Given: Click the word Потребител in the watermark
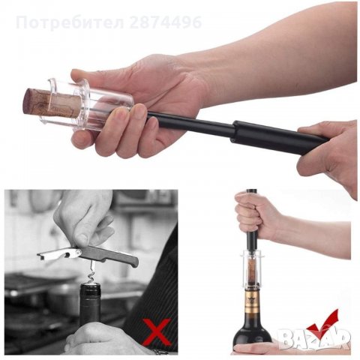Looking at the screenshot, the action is pos(70,22).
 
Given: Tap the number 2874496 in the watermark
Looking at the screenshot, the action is pos(166,22).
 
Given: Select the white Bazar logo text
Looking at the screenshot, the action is pos(314,338).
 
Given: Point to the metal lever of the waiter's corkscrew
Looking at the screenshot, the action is pos(58,253).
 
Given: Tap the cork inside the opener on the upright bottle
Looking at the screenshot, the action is pos(252,273).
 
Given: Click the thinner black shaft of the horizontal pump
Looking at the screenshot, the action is pos(190,124).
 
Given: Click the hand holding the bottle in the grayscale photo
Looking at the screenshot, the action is pos(105,340).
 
